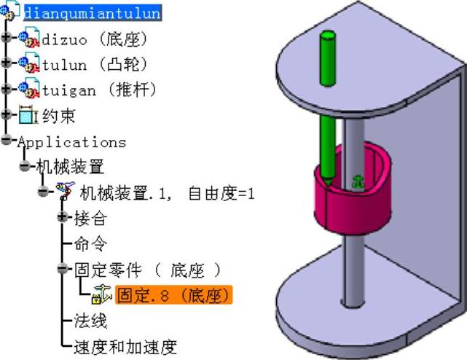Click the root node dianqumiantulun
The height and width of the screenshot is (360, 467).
[92, 13]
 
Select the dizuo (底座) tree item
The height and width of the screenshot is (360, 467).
[95, 38]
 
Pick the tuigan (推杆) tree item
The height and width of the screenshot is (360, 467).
[99, 90]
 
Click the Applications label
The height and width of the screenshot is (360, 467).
[71, 141]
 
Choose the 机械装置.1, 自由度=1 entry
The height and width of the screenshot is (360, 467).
[167, 192]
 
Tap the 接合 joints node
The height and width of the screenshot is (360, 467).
[90, 218]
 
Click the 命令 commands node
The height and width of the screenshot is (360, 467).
[90, 243]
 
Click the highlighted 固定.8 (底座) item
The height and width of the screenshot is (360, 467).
[174, 295]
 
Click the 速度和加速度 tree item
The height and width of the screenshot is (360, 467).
[125, 347]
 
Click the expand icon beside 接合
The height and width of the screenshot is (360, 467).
[63, 218]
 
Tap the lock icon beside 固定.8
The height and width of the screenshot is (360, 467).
[101, 295]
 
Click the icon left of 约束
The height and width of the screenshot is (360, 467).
[28, 115]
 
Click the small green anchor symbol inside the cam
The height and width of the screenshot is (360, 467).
[358, 180]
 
